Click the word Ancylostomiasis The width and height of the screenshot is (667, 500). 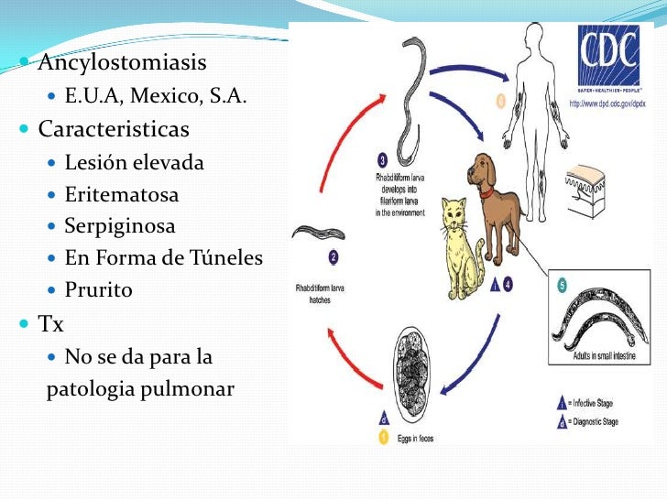122,63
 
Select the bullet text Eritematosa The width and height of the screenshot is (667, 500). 122,194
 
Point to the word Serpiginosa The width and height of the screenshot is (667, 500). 120,225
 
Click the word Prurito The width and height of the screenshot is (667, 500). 99,290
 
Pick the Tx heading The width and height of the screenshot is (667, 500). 51,323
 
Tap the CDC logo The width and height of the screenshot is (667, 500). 608,57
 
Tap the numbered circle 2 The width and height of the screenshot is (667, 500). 333,258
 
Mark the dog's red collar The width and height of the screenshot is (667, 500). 486,192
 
